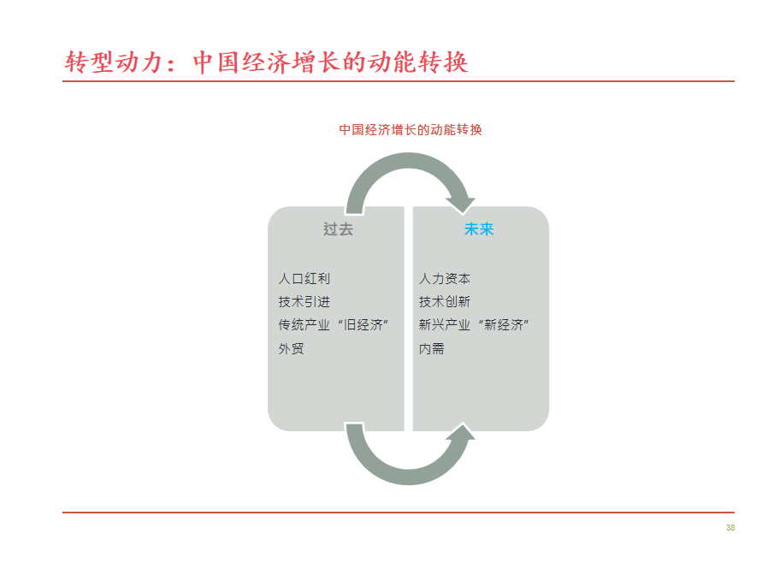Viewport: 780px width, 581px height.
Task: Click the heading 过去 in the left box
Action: (338, 229)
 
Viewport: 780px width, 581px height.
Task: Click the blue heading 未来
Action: (479, 229)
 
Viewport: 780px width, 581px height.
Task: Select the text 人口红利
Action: (304, 278)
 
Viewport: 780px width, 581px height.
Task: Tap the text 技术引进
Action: (304, 302)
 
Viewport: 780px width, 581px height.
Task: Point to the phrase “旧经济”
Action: (363, 325)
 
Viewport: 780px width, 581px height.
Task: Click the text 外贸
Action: (291, 348)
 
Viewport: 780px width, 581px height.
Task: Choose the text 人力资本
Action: (445, 278)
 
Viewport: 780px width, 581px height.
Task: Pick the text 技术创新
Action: (445, 302)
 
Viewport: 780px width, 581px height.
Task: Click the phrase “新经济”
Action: (504, 325)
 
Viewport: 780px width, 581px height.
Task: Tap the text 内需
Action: (432, 348)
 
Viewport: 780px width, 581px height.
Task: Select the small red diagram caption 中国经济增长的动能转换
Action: (411, 130)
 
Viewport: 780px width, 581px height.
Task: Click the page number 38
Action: (730, 528)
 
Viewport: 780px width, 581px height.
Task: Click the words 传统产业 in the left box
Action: (304, 325)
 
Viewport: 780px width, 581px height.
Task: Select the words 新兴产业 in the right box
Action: (445, 325)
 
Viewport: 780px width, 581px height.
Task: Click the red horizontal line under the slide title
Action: (398, 81)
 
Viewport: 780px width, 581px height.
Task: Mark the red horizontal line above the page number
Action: (398, 513)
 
